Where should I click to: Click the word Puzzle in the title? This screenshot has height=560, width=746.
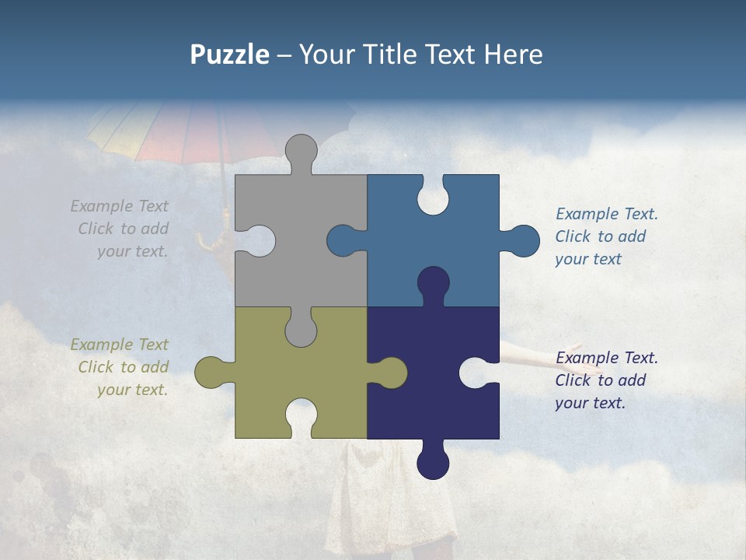click(230, 55)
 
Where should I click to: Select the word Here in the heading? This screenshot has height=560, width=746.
click(513, 54)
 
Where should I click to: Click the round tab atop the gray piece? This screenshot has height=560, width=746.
click(301, 150)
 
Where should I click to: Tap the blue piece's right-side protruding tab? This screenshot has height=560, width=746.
click(522, 241)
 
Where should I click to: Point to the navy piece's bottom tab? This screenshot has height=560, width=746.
click(433, 463)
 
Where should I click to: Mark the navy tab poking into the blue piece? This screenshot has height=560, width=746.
click(433, 282)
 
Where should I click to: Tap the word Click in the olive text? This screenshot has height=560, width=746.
click(96, 367)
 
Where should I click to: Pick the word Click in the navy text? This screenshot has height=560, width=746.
click(572, 380)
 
